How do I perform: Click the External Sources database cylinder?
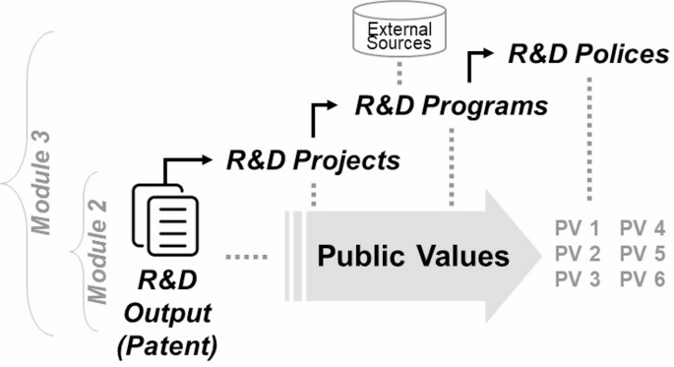click(399, 34)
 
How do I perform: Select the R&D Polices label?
click(588, 54)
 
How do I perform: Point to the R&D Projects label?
click(313, 159)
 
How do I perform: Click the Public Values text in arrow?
click(413, 257)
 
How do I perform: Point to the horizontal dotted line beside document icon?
click(244, 258)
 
